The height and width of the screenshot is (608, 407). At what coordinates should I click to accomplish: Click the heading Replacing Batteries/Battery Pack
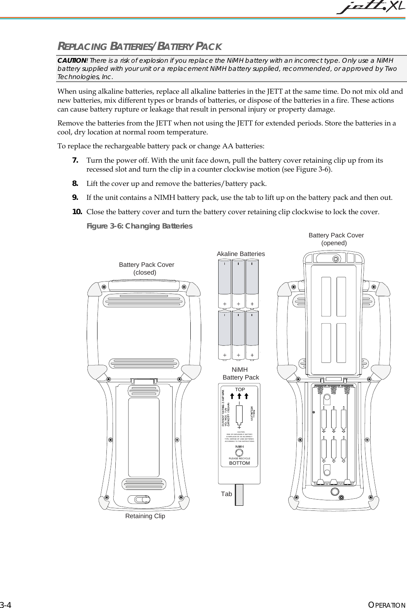point(140,47)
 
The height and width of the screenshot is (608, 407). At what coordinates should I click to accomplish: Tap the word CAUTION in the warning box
point(72,60)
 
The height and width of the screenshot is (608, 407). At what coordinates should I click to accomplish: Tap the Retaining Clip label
point(145,516)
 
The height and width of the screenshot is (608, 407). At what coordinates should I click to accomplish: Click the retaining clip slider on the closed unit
point(141,499)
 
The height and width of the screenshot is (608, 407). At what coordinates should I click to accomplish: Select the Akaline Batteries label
point(241,254)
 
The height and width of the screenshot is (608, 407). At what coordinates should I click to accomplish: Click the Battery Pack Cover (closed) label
point(146,268)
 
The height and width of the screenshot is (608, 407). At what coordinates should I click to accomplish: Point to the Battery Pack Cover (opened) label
point(336,239)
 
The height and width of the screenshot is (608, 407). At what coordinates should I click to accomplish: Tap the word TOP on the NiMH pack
point(240,389)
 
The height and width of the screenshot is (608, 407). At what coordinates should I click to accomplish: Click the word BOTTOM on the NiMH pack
point(239,463)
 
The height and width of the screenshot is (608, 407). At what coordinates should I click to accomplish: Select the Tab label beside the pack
point(227,494)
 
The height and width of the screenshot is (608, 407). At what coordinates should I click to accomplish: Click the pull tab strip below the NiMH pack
point(239,495)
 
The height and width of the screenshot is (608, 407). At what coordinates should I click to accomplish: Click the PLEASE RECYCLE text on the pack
point(239,458)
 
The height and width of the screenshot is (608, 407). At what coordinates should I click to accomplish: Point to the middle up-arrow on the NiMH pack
point(239,396)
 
